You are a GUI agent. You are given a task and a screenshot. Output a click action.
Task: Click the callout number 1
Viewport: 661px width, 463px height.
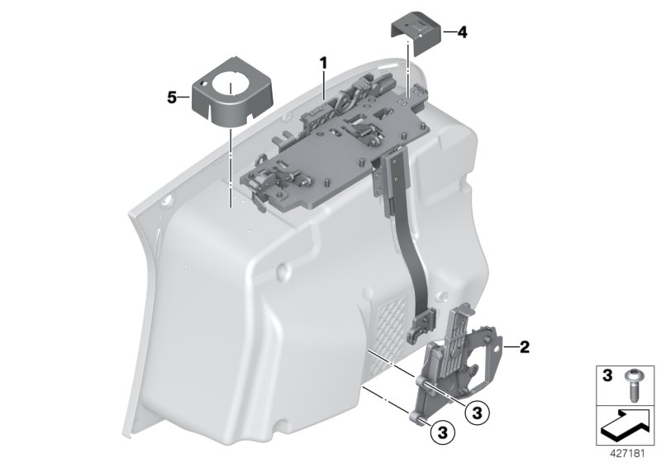[324, 62]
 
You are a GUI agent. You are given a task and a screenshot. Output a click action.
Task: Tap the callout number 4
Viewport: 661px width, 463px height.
[462, 32]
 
